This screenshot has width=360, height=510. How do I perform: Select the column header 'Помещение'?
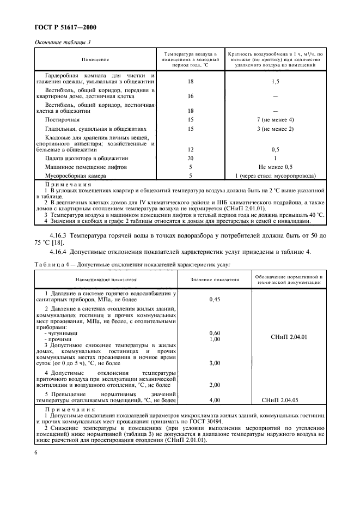point(95,59)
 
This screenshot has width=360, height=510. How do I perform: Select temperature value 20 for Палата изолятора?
point(191,158)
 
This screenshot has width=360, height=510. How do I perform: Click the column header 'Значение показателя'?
point(215,280)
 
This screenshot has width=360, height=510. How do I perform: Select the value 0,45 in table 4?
point(215,299)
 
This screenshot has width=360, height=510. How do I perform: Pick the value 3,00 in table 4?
point(215,362)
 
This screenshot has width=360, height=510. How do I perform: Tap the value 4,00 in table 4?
point(215,400)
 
